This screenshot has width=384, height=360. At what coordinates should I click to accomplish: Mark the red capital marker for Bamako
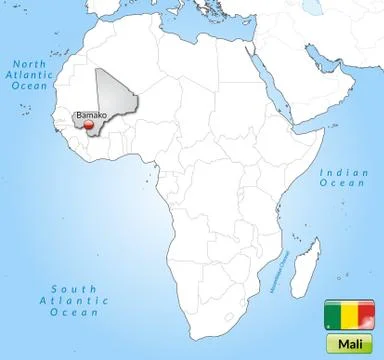pos(90,125)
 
